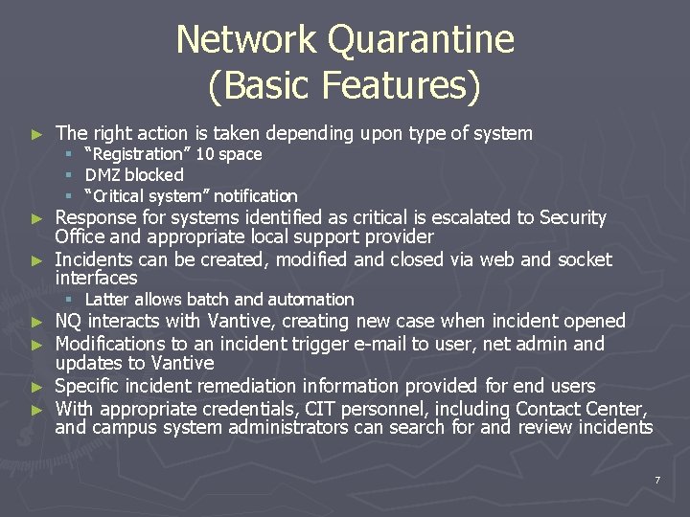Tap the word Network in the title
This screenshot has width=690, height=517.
pos(245,40)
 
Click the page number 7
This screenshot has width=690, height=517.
pos(657,479)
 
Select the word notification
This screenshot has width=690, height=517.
pos(256,196)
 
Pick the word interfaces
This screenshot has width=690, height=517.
pos(96,279)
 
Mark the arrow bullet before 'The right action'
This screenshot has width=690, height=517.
pos(36,134)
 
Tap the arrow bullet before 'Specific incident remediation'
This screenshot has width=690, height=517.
pos(36,387)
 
